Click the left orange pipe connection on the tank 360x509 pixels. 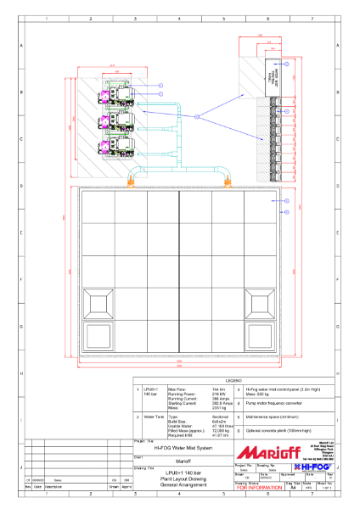point(132,180)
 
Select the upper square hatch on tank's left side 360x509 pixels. point(100,303)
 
